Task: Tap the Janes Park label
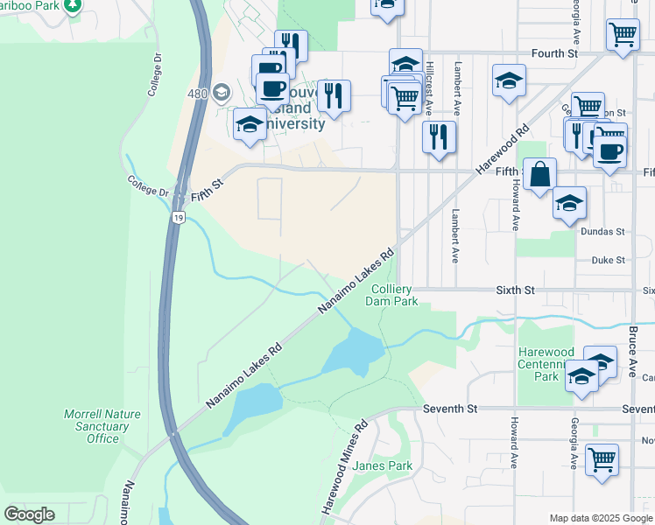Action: click(x=383, y=466)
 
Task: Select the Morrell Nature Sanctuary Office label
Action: click(x=96, y=426)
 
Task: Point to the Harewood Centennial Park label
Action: click(x=546, y=364)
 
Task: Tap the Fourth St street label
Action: click(x=555, y=53)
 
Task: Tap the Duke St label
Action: click(x=608, y=260)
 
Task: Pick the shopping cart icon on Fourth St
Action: click(x=622, y=35)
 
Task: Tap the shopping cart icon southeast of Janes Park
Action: click(x=602, y=459)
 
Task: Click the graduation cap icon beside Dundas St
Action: click(x=570, y=204)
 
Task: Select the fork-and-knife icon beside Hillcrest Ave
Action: click(x=439, y=136)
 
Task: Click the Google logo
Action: click(x=30, y=514)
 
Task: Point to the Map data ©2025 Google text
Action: click(x=600, y=518)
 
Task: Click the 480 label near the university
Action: click(x=197, y=93)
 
